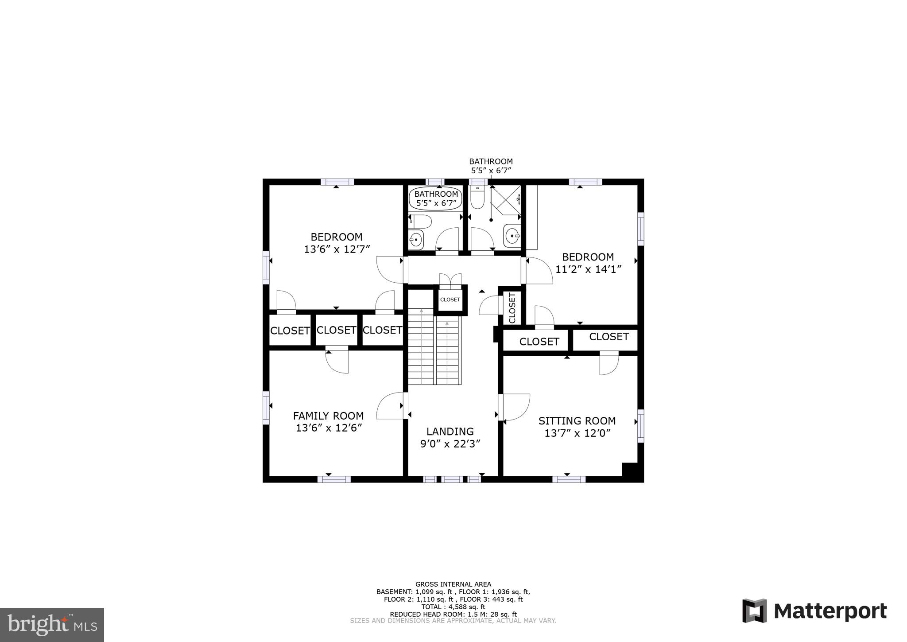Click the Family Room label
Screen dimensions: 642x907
pos(328,416)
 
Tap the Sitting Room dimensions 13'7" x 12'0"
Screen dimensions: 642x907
pos(577,433)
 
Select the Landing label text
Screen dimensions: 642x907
pos(450,431)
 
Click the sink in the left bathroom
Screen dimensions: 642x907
pos(416,240)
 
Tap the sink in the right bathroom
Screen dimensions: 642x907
pos(512,236)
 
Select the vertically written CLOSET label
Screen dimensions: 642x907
pos(512,308)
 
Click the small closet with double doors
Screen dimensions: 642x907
pos(450,300)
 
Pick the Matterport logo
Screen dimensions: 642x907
pos(814,611)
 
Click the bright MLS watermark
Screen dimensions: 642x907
pos(52,625)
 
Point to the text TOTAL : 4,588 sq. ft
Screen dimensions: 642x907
pos(453,607)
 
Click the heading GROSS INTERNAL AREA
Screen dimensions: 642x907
pos(453,584)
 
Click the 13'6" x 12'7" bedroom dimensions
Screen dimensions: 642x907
pos(337,249)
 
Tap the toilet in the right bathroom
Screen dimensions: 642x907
pos(477,198)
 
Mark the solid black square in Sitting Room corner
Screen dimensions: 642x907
pos(632,472)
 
